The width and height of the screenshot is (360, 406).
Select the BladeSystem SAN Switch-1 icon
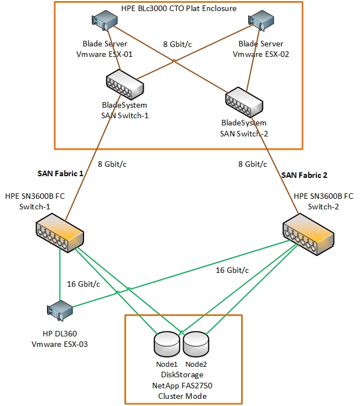point(124,85)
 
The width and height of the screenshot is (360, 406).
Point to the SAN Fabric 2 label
point(304,175)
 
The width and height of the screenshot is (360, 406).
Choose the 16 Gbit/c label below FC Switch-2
point(231,270)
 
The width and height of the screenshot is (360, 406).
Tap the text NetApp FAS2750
point(182,385)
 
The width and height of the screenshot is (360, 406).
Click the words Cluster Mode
point(182,396)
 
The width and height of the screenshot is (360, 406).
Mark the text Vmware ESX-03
point(60,344)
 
